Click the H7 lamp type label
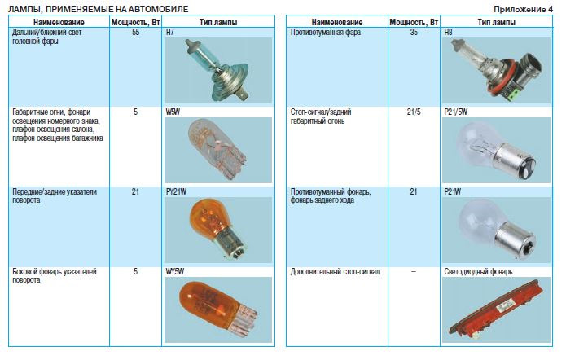pyautogui.click(x=169, y=32)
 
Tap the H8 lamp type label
pyautogui.click(x=448, y=32)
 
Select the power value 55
pyautogui.click(x=135, y=32)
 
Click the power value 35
pyautogui.click(x=414, y=32)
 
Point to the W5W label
pyautogui.click(x=173, y=112)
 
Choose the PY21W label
pyautogui.click(x=176, y=191)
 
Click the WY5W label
pyautogui.click(x=175, y=271)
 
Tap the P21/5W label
pyautogui.click(x=455, y=112)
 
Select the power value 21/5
pyautogui.click(x=414, y=112)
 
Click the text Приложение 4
pyautogui.click(x=523, y=9)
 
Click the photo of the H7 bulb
pyautogui.click(x=218, y=70)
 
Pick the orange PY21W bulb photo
pyautogui.click(x=218, y=230)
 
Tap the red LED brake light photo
pyautogui.click(x=496, y=310)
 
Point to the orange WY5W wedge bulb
pyautogui.click(x=218, y=310)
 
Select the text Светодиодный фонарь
pyautogui.click(x=478, y=271)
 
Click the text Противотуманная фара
pyautogui.click(x=326, y=32)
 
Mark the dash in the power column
pyautogui.click(x=414, y=271)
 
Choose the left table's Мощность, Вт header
pyautogui.click(x=135, y=22)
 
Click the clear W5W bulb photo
pyautogui.click(x=218, y=150)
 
